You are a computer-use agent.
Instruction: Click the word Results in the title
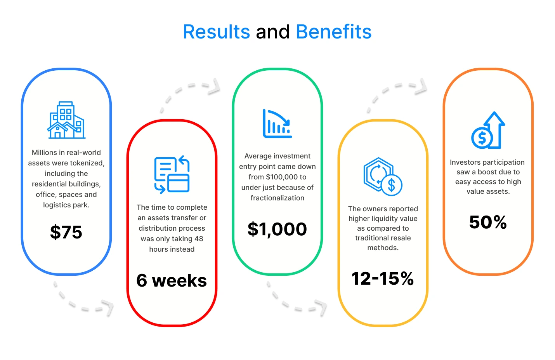point(216,32)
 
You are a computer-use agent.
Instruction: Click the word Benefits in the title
point(334,32)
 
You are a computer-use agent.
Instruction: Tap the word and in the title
point(273,32)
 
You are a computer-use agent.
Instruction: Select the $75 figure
point(66,232)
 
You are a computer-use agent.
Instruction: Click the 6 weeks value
point(172,280)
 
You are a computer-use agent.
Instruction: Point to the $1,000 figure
point(277,229)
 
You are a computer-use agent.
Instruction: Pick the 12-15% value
point(383,278)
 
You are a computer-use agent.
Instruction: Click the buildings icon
point(66,120)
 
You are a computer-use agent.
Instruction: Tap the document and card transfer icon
point(172,174)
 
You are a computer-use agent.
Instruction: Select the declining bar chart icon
point(277,123)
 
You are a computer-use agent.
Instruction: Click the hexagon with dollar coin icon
point(383,177)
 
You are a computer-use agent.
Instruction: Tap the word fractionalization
point(277,198)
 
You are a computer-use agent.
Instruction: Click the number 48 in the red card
point(199,239)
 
